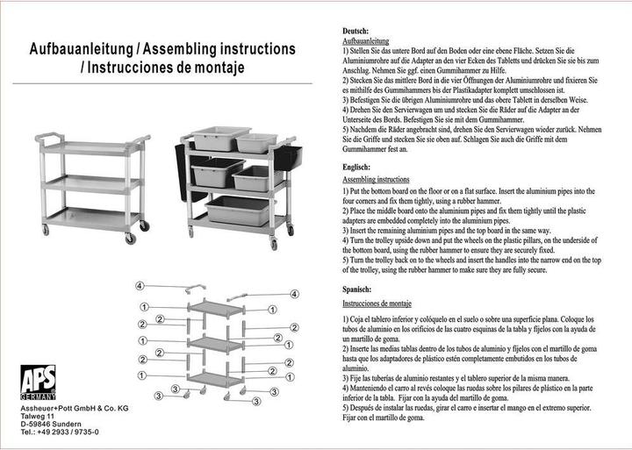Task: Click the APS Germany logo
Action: click(x=39, y=382)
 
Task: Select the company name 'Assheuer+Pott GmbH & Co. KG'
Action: click(x=75, y=409)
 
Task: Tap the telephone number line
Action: click(x=61, y=432)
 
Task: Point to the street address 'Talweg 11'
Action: click(x=39, y=417)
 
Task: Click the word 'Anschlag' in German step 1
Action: click(x=356, y=69)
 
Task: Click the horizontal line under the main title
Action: click(x=158, y=83)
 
